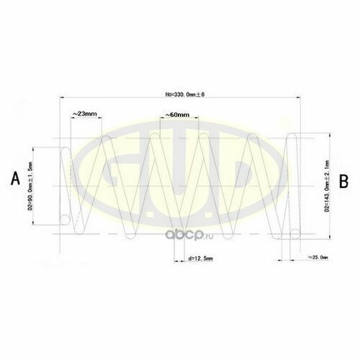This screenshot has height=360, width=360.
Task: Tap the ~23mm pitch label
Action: [85, 114]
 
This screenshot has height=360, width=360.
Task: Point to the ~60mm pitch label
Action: [176, 114]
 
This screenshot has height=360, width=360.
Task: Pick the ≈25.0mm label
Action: [318, 256]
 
